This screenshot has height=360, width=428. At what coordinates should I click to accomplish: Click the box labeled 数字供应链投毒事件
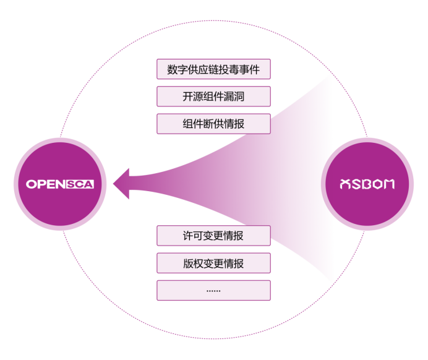pos(213,69)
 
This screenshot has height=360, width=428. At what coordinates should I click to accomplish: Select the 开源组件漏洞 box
pos(213,96)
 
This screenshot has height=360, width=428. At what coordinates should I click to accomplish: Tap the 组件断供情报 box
pos(213,124)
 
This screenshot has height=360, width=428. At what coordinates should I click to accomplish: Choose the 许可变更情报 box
pos(213,236)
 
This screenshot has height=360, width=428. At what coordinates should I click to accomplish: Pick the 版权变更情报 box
pos(213,263)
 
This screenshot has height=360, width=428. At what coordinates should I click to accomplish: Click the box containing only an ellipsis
pos(213,290)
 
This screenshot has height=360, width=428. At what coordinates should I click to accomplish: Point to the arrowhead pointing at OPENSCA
pos(122,184)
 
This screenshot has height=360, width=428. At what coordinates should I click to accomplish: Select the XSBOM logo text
pos(367,184)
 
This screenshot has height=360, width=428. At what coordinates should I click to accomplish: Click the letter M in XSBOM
pos(387,184)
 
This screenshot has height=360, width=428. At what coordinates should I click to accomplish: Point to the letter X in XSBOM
pos(346,184)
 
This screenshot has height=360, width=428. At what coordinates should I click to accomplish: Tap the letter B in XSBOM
pos(366,184)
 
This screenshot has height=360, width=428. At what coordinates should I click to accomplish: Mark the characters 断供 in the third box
pos(213,124)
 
